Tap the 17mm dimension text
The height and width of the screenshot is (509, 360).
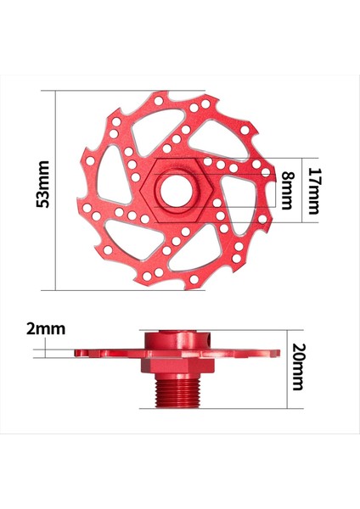pos(314,191)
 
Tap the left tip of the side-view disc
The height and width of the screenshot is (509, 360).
pos(76,352)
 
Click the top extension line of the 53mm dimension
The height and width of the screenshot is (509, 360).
pos(127,92)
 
